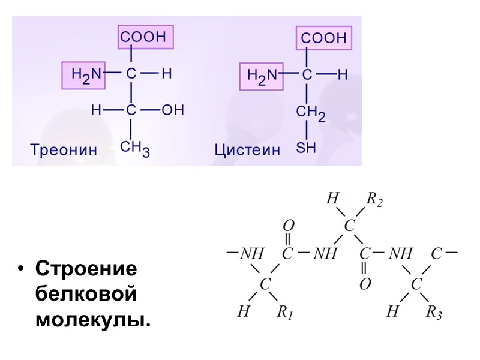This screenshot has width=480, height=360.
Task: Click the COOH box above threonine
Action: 144,37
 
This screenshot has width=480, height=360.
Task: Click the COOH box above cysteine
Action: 323,38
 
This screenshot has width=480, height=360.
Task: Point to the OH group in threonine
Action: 173,110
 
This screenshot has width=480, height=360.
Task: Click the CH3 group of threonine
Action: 135,148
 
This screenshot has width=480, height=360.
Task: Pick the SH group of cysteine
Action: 306,148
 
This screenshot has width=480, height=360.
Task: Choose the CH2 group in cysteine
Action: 310,113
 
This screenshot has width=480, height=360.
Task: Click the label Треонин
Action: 64,149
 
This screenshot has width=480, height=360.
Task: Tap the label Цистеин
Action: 247,150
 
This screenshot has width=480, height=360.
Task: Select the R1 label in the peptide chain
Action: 284,312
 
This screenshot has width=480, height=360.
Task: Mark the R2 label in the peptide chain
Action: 374,200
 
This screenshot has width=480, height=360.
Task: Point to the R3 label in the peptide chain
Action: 434,312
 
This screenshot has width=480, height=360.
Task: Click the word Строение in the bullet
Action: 86,269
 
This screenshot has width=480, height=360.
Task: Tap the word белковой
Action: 86,295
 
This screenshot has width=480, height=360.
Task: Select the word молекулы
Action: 93,319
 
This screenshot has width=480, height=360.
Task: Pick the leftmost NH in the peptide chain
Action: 251,254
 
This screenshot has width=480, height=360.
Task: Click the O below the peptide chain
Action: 365,283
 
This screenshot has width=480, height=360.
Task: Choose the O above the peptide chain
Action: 288,225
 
